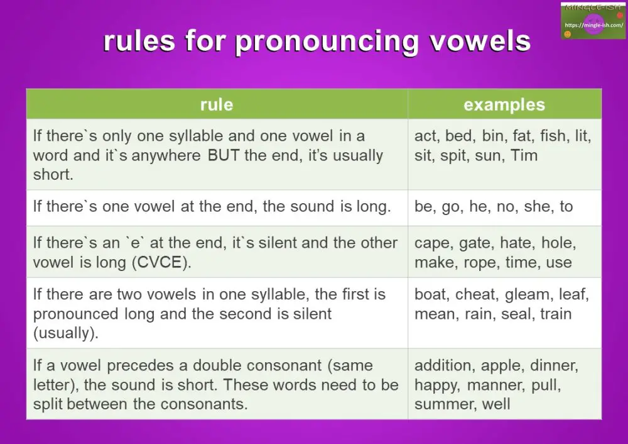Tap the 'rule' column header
click(x=217, y=104)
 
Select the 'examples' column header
click(x=504, y=104)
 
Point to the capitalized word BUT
click(x=224, y=155)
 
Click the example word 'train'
click(x=555, y=314)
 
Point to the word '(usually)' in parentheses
click(x=65, y=333)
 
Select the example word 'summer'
click(x=443, y=404)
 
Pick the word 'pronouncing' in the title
click(x=326, y=42)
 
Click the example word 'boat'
click(x=431, y=294)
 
